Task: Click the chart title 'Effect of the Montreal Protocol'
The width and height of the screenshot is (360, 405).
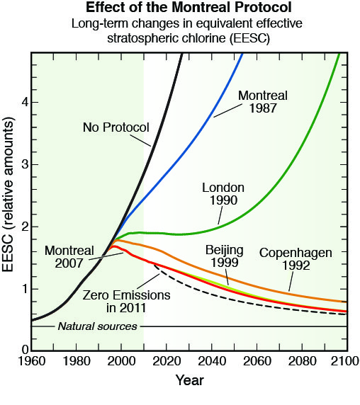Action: [x=189, y=8]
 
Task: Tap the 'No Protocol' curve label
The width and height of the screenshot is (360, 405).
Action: [x=116, y=127]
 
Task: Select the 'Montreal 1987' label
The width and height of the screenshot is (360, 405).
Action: [x=263, y=102]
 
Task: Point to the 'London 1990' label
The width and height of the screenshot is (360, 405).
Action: [x=223, y=194]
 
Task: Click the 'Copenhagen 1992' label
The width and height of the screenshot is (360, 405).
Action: [x=296, y=259]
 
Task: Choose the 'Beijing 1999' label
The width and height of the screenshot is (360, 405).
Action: [x=225, y=256]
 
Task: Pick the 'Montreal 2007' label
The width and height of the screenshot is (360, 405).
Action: [x=69, y=257]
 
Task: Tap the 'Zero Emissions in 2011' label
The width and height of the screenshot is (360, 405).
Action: [x=126, y=302]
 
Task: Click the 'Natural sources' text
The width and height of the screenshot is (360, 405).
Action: [x=97, y=326]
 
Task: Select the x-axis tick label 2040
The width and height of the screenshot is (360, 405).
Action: [x=212, y=361]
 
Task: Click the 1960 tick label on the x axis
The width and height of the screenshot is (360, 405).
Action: [x=31, y=361]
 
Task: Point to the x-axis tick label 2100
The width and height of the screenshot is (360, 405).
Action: [x=344, y=361]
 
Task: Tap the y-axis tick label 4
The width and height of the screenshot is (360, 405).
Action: [x=25, y=102]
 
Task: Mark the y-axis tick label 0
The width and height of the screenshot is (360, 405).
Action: [x=25, y=350]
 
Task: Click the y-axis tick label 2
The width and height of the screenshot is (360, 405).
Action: [x=25, y=227]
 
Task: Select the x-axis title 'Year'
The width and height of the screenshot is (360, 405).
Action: [x=190, y=380]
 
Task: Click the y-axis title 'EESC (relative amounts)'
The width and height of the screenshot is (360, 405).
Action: [x=8, y=194]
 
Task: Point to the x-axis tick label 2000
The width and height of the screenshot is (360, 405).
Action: [x=121, y=361]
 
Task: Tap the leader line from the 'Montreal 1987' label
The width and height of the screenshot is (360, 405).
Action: [x=228, y=110]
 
